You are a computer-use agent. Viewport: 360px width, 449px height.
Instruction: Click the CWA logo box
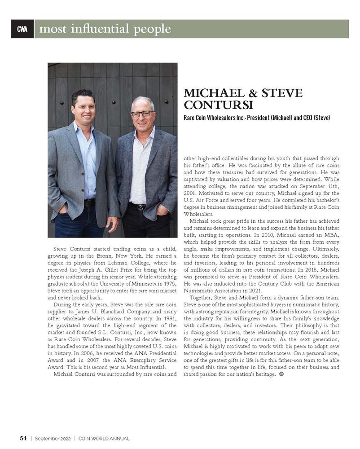click(22, 29)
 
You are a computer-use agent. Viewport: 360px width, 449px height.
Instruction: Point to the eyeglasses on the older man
click(143, 114)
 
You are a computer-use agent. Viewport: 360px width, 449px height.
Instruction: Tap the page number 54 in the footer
click(23, 438)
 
